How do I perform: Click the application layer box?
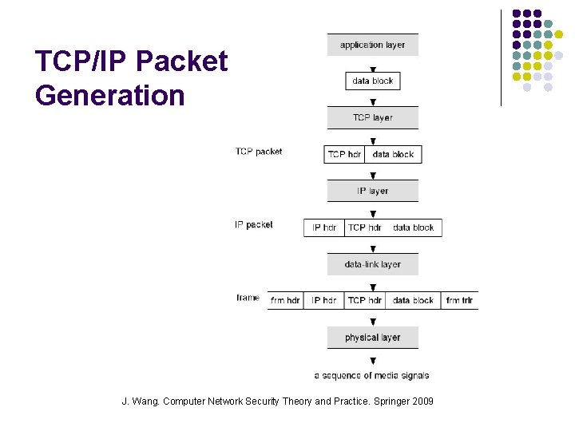[372, 45]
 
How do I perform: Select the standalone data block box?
[372, 81]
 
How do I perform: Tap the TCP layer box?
[372, 118]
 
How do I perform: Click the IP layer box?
[372, 191]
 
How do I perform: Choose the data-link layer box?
[372, 264]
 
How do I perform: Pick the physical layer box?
[372, 338]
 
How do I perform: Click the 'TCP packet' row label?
[258, 152]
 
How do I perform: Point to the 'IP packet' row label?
[253, 225]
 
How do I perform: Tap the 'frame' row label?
[248, 298]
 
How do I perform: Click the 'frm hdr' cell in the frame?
[285, 301]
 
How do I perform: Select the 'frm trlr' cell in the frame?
[459, 301]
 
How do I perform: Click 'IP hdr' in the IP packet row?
[323, 227]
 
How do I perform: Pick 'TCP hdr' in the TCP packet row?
[344, 154]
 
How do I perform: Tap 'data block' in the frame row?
[413, 301]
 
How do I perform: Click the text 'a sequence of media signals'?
[371, 375]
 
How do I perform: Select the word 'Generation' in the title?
[109, 96]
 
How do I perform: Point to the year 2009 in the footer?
[422, 401]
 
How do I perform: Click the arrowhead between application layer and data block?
[372, 69]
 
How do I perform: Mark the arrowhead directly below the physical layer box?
[372, 362]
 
